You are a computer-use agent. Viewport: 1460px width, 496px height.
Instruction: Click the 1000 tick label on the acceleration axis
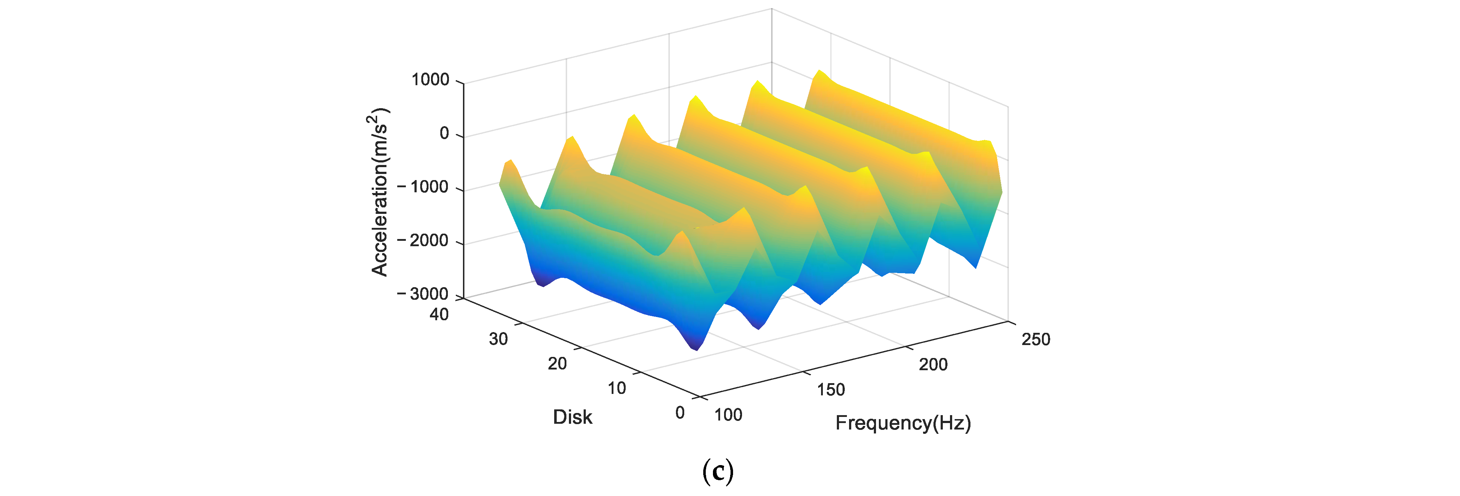click(x=430, y=80)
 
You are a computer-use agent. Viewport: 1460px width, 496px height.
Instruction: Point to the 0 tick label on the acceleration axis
click(x=444, y=134)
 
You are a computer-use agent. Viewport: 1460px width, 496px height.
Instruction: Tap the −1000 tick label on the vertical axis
click(x=423, y=187)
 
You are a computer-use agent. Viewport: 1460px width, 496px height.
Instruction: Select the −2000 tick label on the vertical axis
click(x=423, y=240)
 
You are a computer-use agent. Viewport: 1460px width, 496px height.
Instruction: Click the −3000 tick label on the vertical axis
click(x=423, y=294)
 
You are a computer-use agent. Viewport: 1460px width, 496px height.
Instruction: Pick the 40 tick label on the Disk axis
click(x=439, y=314)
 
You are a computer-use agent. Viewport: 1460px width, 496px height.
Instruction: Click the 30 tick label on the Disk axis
click(x=498, y=339)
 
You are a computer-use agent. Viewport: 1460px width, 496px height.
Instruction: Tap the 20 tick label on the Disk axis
click(x=557, y=363)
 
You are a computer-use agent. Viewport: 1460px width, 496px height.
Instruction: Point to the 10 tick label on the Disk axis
click(x=617, y=388)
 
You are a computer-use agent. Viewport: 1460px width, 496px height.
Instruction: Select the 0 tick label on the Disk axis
click(x=680, y=413)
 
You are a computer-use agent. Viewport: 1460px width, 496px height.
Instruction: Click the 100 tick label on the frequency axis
click(x=728, y=415)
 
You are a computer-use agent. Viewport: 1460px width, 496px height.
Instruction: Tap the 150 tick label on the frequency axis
click(x=831, y=390)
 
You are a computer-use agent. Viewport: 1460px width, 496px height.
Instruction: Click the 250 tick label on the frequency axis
click(x=1036, y=340)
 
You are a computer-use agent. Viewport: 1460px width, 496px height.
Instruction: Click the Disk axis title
click(x=573, y=417)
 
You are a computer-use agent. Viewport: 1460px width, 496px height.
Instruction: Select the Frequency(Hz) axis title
click(x=903, y=423)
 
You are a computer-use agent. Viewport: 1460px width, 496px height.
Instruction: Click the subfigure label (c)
click(x=718, y=471)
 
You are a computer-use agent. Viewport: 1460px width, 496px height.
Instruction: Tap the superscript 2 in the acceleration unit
click(x=371, y=119)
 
